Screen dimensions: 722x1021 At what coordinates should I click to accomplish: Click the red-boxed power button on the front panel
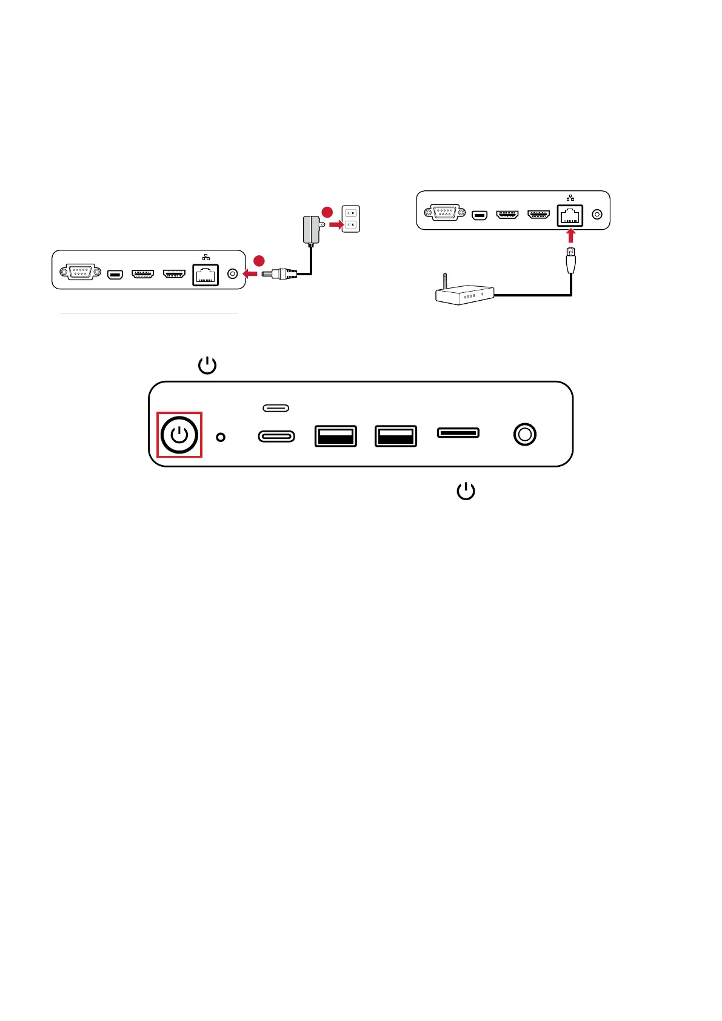click(x=179, y=435)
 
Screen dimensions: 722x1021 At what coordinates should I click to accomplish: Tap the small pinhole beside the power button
click(x=221, y=437)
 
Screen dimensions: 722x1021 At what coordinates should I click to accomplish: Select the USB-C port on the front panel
click(x=276, y=436)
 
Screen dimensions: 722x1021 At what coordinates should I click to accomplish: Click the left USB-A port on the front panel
click(x=335, y=436)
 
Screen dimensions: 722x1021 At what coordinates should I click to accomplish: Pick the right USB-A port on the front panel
click(x=396, y=436)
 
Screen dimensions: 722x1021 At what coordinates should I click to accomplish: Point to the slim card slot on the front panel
click(x=458, y=432)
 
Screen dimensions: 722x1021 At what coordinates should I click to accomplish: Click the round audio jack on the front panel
click(x=524, y=435)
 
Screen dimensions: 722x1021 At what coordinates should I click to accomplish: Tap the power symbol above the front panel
click(x=207, y=366)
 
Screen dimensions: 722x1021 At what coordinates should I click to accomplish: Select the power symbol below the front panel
click(x=466, y=491)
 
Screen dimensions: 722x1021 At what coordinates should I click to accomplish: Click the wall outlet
click(x=351, y=219)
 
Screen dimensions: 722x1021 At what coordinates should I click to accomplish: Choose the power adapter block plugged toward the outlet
click(x=311, y=230)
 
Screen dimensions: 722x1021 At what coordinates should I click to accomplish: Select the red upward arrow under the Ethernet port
click(x=570, y=235)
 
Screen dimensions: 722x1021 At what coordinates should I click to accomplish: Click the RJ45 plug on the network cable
click(x=570, y=260)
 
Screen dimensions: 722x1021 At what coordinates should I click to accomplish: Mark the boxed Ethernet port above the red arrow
click(x=570, y=215)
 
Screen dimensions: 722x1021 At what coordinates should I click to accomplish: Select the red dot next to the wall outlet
click(x=327, y=212)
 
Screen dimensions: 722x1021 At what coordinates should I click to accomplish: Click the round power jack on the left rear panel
click(x=232, y=273)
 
